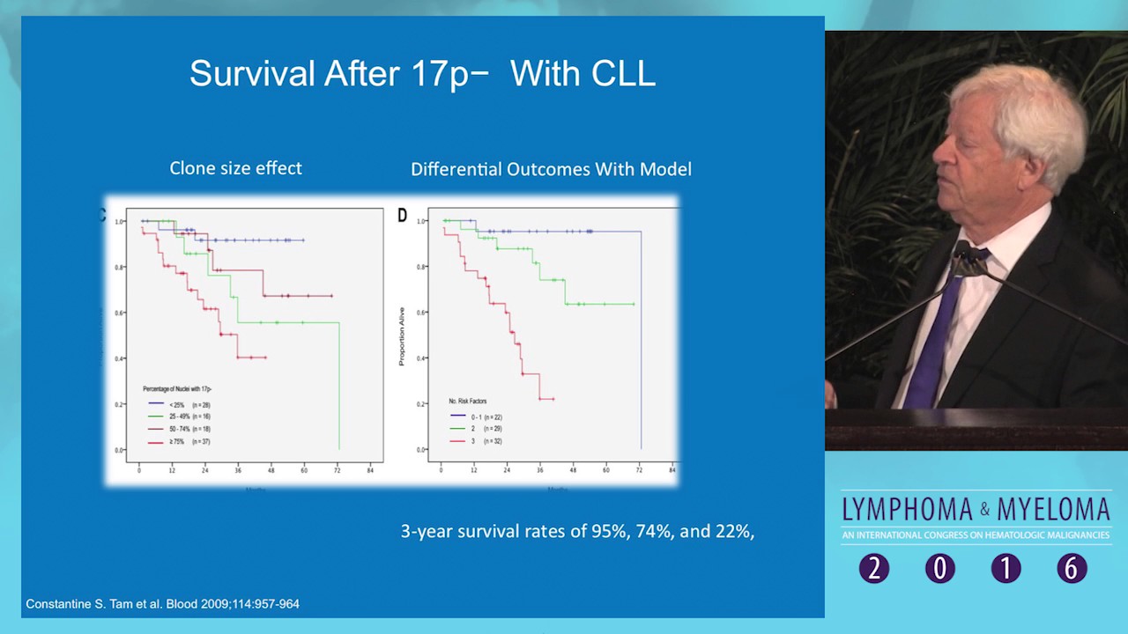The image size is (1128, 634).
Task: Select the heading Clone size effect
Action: pyautogui.click(x=235, y=168)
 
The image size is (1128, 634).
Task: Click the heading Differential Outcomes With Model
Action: pyautogui.click(x=551, y=169)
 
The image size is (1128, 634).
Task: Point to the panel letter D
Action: pyautogui.click(x=403, y=216)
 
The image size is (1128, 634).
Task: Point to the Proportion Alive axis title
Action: pyautogui.click(x=402, y=335)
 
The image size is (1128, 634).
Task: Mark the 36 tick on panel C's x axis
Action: pyautogui.click(x=238, y=470)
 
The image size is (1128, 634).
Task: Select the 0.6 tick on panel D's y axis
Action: pyautogui.click(x=421, y=313)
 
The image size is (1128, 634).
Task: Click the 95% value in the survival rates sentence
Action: pyautogui.click(x=608, y=531)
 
